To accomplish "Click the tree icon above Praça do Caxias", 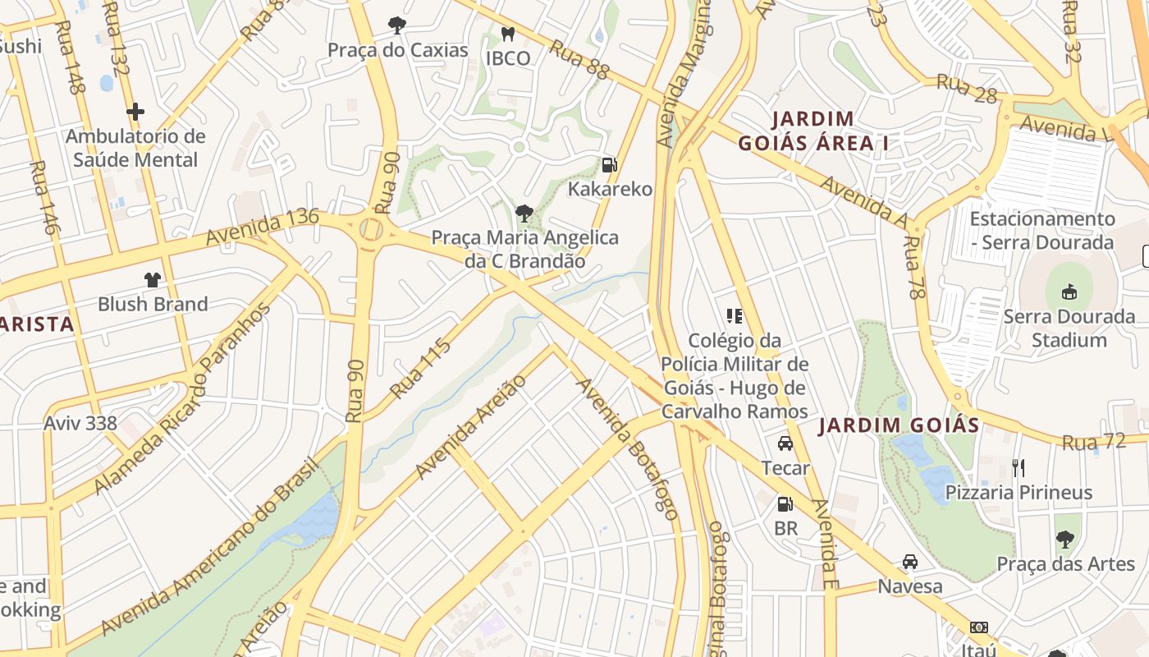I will click(x=397, y=25).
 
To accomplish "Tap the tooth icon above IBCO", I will click(x=507, y=34).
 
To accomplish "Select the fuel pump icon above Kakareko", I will click(x=609, y=165).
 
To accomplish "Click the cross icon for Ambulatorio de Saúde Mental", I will click(x=135, y=111).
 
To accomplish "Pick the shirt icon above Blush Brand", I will click(x=153, y=280).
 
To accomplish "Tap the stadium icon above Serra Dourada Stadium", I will click(x=1069, y=292).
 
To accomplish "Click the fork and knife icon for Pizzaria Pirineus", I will click(x=1019, y=468).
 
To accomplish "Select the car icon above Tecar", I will click(x=785, y=443).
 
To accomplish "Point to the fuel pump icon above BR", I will click(x=785, y=503).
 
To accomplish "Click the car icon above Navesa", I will click(x=909, y=562).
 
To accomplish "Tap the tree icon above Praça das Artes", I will click(x=1064, y=540).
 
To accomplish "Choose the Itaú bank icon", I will click(x=978, y=627).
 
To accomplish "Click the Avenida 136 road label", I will click(x=262, y=227).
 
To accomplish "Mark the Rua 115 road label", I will click(x=421, y=369).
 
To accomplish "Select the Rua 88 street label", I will click(x=579, y=61).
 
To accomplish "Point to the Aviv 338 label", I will click(x=80, y=424).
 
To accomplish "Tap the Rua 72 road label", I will click(x=1093, y=442).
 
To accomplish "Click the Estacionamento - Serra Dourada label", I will click(x=1042, y=230).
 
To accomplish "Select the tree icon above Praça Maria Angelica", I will click(x=524, y=214).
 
